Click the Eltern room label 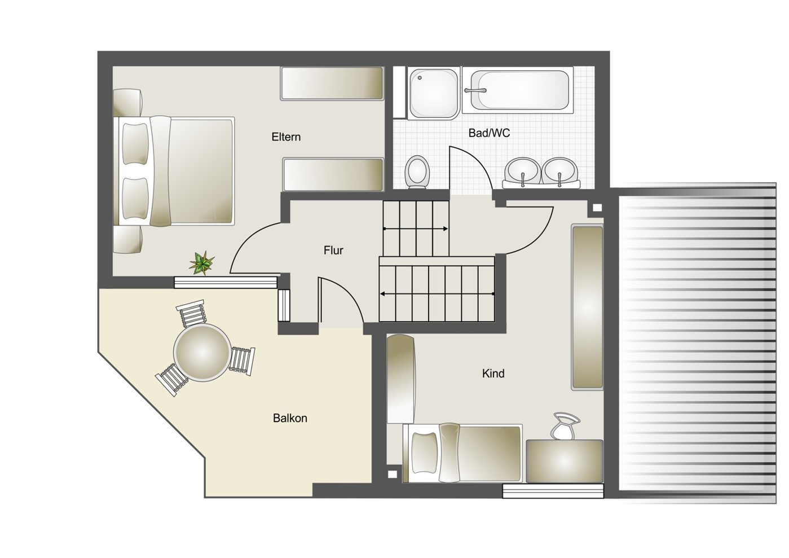(x=286, y=137)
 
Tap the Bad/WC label (x=490, y=133)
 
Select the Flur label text (x=333, y=251)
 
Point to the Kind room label (x=493, y=374)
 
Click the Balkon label (x=290, y=418)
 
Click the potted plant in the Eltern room (x=202, y=263)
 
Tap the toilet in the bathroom (x=417, y=172)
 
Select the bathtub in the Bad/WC (x=517, y=90)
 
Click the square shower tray (x=434, y=94)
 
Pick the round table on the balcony (x=201, y=353)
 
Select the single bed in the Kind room (x=462, y=453)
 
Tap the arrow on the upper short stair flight (x=416, y=229)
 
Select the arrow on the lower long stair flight (x=437, y=293)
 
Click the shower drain (x=420, y=78)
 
